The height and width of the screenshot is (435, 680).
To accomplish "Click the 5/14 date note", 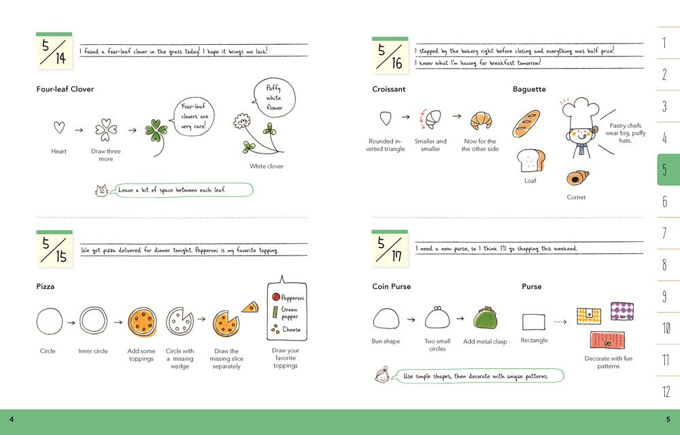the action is coord(54,50).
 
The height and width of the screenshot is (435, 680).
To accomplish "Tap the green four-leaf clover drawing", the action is coord(156,135).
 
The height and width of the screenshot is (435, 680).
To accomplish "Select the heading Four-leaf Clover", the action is coord(65,89).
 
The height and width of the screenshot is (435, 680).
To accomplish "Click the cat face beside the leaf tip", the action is coord(101,190).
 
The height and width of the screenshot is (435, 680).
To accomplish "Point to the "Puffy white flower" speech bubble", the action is coord(274,97).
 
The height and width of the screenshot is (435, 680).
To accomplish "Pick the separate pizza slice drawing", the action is coord(251,308).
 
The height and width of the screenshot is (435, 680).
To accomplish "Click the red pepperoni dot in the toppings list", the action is coord(276,297).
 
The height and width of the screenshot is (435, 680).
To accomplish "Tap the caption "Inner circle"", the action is coord(92,351).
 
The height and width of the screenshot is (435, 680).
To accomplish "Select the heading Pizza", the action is coord(46,286).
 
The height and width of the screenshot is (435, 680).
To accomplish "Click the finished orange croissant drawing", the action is coord(481,120).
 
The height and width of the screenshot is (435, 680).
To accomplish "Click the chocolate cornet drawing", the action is coord(577,177).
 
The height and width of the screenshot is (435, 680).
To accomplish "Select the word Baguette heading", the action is coord(529,89).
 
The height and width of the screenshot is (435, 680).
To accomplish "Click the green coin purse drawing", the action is coord(486,318).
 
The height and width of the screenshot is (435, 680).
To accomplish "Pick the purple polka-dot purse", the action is coord(622,311).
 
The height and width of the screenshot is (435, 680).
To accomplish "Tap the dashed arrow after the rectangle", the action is coord(560,322).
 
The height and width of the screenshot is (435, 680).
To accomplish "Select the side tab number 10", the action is coord(666,328).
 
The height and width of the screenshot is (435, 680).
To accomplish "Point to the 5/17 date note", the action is coord(390,248).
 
